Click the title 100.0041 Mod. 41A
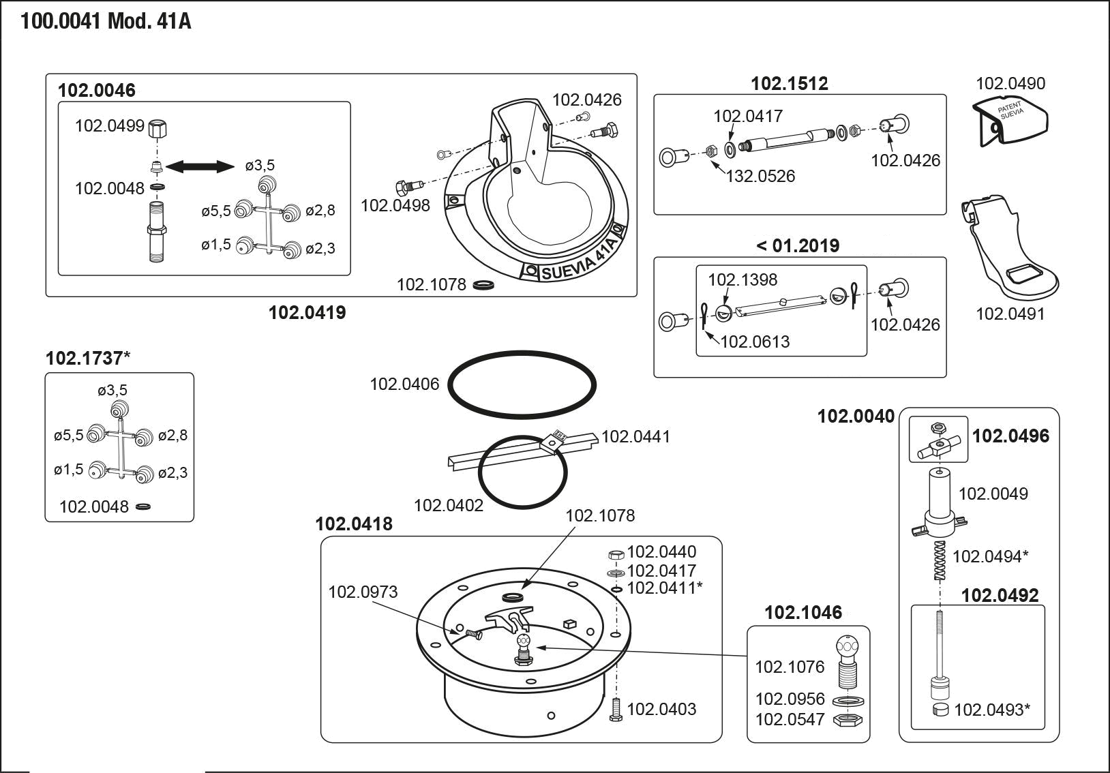pos(106,21)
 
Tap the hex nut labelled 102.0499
pos(157,128)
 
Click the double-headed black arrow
pos(200,166)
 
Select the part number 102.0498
pos(395,205)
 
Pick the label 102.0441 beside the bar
pos(635,436)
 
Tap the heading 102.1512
pos(790,83)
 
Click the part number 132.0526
pos(760,176)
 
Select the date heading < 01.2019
pos(798,245)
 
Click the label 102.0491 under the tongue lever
pos(1010,314)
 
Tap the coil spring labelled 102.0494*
pos(940,560)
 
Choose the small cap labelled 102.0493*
pos(940,710)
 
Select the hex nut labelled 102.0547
pos(847,720)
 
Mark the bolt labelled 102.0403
pos(616,709)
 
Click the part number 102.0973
pos(363,592)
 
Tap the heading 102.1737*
pos(88,358)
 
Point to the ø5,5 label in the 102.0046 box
pos(215,211)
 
